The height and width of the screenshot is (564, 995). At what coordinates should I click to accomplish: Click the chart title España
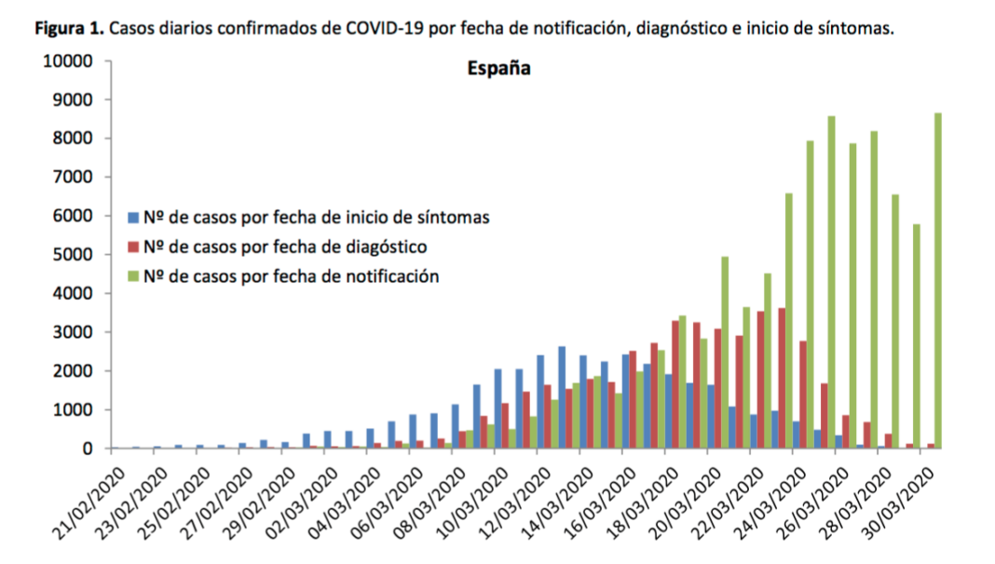tap(498, 68)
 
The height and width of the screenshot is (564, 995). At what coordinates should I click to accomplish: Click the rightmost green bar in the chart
tap(938, 280)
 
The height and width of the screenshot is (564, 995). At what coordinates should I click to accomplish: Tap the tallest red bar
tap(783, 378)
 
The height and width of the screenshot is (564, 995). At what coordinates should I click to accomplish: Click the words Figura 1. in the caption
tap(70, 28)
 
